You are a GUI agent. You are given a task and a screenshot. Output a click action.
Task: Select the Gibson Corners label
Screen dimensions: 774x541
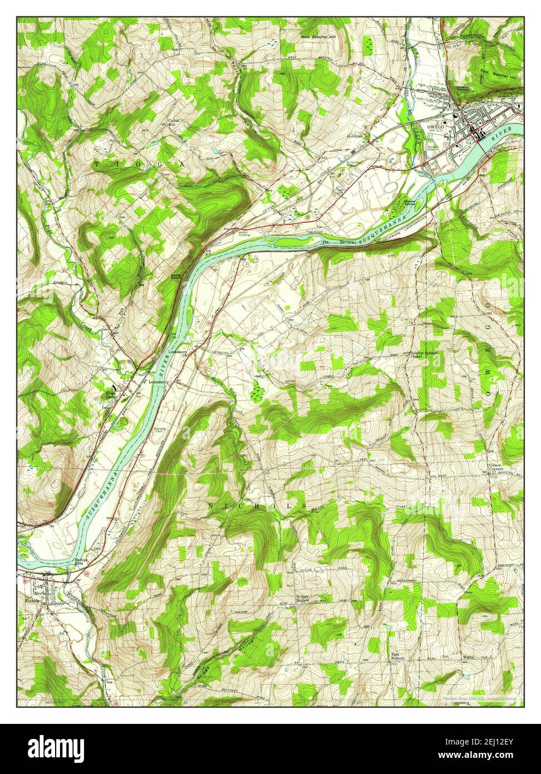pyautogui.click(x=496, y=467)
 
